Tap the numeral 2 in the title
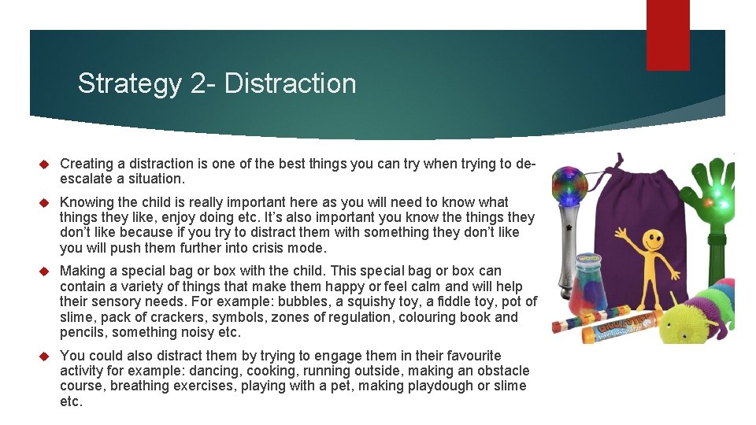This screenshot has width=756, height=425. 198,83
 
